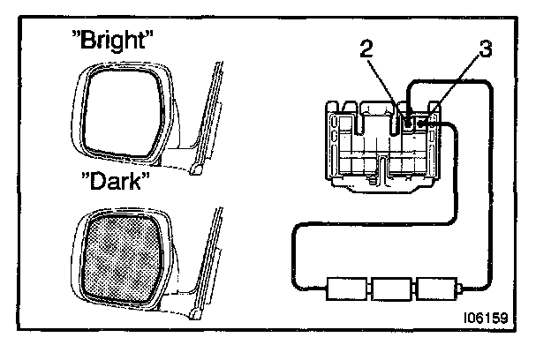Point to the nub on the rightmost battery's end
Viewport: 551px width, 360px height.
point(462,288)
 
